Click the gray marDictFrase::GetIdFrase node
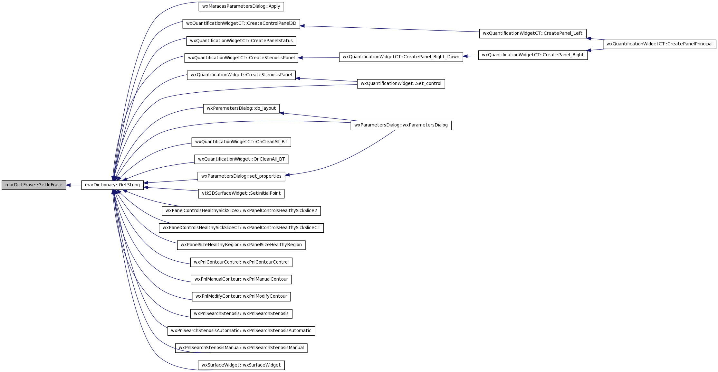pos(34,185)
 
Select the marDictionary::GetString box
pos(112,185)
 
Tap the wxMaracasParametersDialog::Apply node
pos(241,6)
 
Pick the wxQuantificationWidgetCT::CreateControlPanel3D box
pos(241,23)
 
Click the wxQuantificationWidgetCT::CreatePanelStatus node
pos(241,41)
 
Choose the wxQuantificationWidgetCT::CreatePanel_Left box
pos(533,33)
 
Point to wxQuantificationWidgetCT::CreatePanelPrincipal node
pos(659,44)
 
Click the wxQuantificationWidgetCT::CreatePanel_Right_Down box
pos(401,57)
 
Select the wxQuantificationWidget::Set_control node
pos(401,84)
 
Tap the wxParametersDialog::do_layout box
pos(241,108)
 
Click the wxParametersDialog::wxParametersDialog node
pos(401,125)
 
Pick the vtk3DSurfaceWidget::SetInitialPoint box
pos(241,193)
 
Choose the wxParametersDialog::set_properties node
pos(241,176)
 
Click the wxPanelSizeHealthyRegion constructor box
pos(241,245)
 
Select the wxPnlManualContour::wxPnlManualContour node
pos(241,279)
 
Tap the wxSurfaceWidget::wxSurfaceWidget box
pos(241,365)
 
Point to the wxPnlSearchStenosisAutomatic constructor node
pos(241,331)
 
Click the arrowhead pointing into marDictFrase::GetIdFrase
pos(68,185)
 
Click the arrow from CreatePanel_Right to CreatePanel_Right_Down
pos(471,56)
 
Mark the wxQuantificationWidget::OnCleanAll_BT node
pos(241,159)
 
